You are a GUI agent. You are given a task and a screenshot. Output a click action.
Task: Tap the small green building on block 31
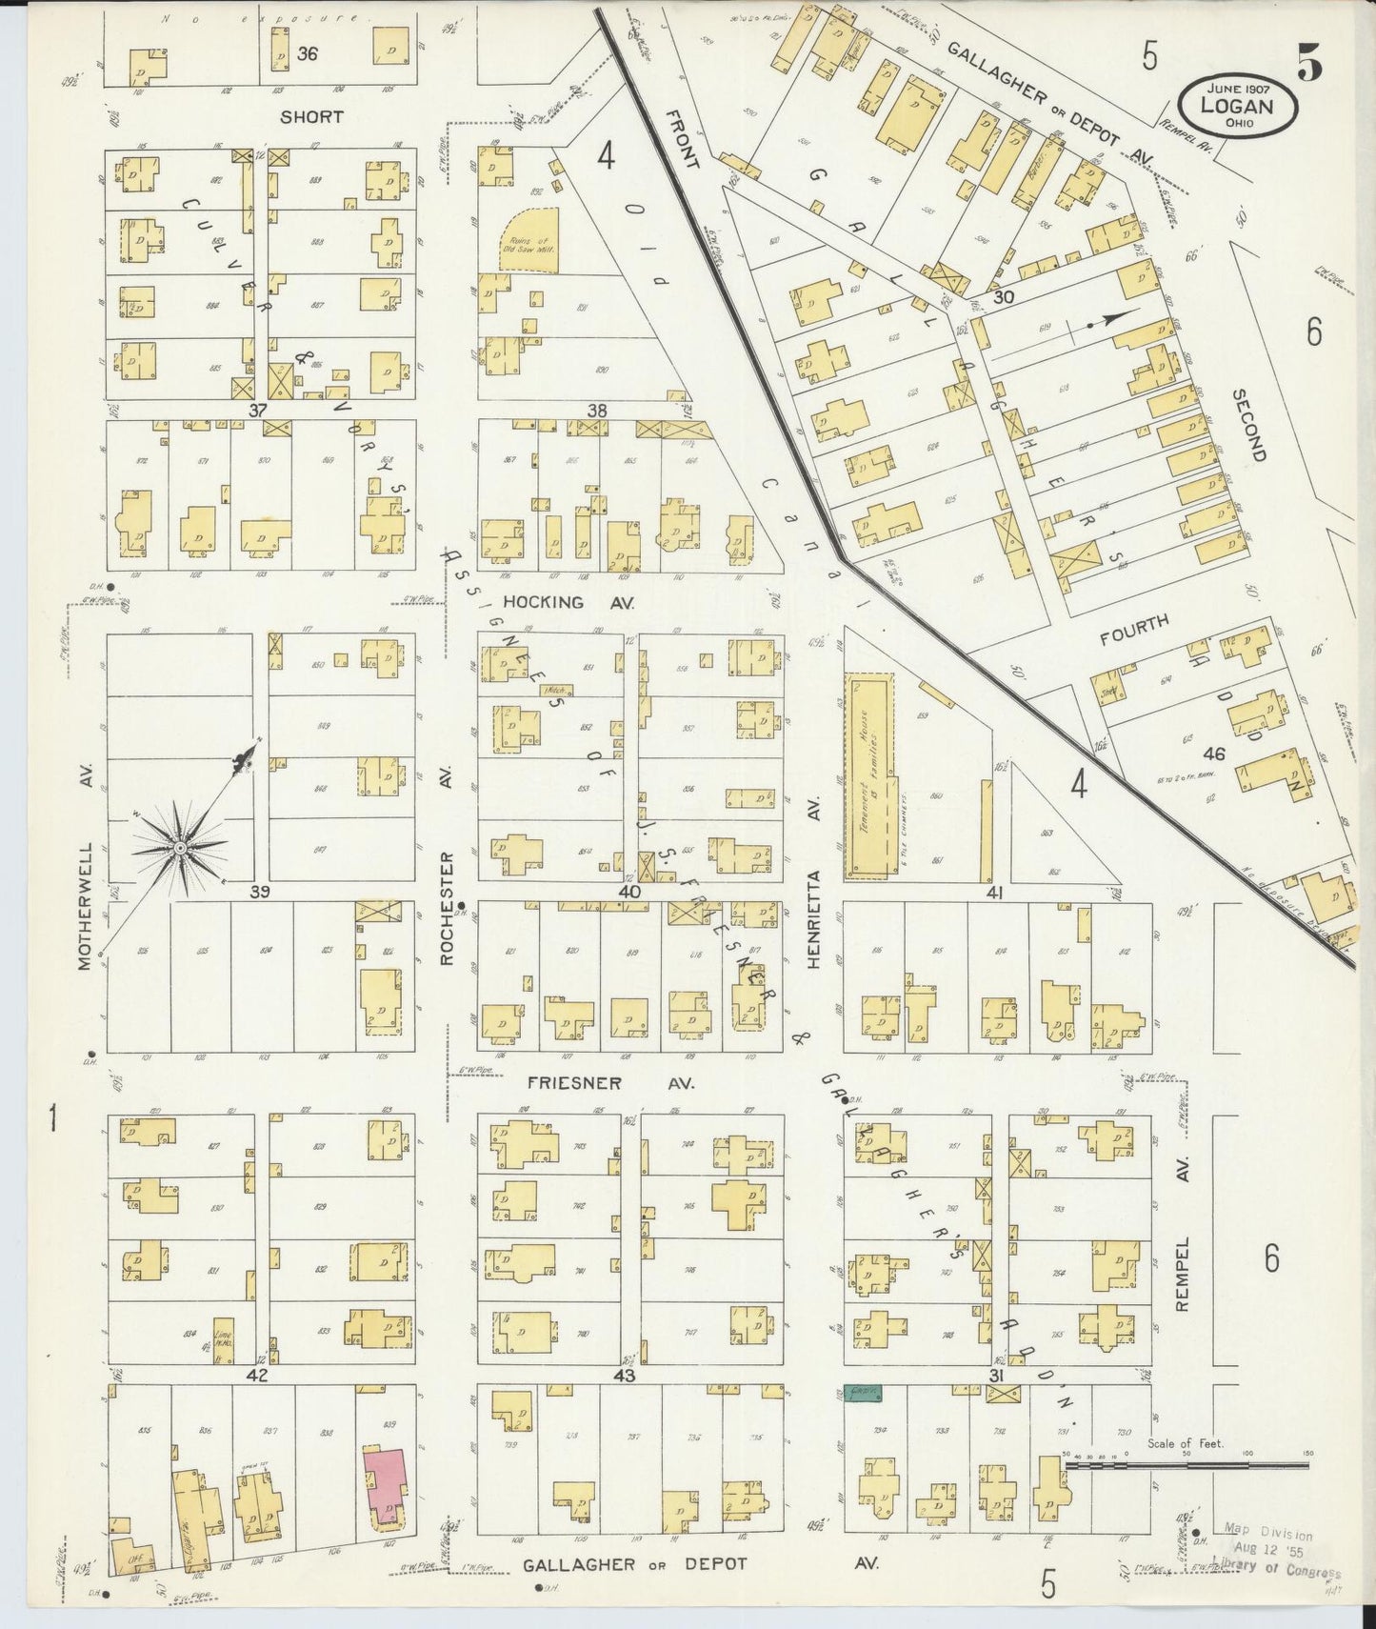864,1394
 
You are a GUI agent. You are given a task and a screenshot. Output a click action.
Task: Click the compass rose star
179,847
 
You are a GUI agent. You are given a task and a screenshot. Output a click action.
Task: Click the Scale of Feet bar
1185,1467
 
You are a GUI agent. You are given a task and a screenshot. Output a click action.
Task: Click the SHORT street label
311,116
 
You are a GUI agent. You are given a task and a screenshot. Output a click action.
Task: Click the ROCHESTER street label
448,910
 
